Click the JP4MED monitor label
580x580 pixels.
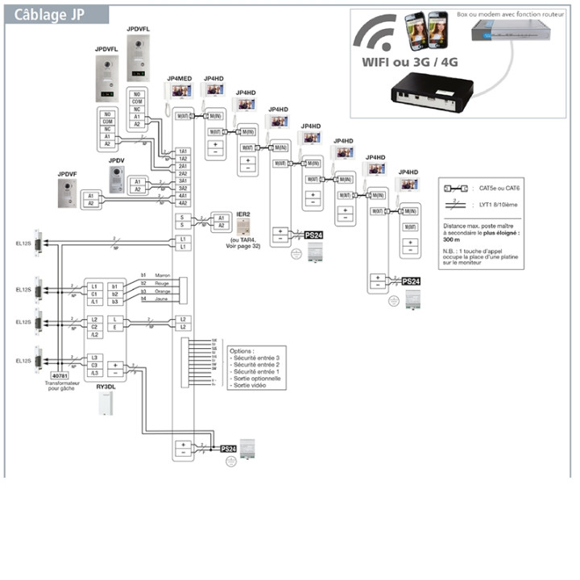click(179, 77)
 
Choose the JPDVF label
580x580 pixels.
click(67, 174)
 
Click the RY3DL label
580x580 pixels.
click(106, 387)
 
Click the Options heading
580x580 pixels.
click(242, 352)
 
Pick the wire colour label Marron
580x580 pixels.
click(163, 275)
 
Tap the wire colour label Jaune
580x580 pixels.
click(162, 299)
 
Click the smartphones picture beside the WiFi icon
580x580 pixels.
click(427, 29)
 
